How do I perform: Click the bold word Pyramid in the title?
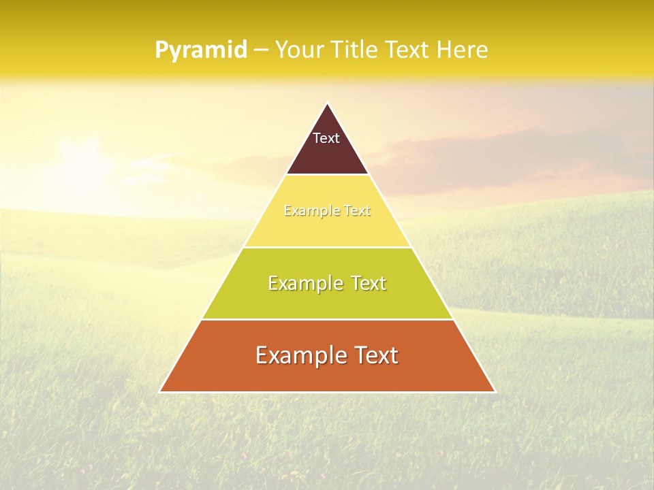[x=200, y=50]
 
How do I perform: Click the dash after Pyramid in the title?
[x=260, y=50]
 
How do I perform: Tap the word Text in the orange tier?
[x=375, y=355]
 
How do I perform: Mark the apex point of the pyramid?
[x=327, y=104]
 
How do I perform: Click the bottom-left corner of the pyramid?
[x=161, y=391]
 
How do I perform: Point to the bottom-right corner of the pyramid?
[x=494, y=391]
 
